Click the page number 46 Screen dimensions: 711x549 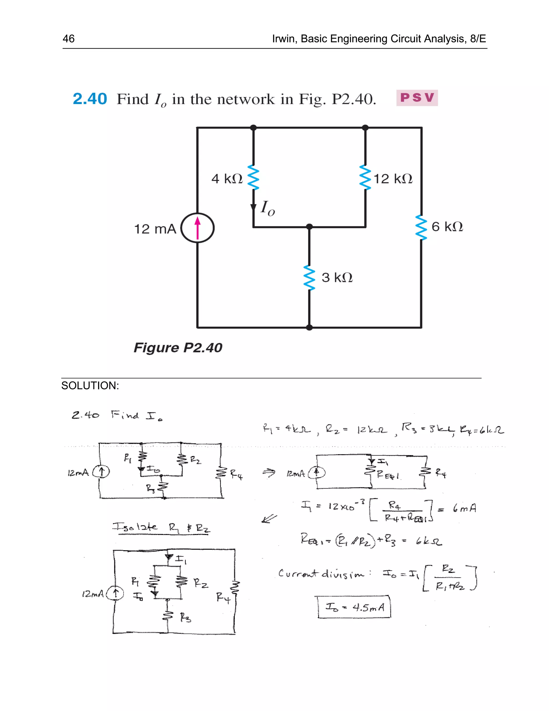(x=69, y=39)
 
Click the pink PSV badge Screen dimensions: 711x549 (x=417, y=98)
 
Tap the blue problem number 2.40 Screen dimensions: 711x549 (x=90, y=99)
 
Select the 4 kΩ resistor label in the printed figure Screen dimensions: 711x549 (x=227, y=178)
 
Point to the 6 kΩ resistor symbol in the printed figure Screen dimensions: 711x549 (x=421, y=227)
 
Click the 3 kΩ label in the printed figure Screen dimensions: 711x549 (x=337, y=277)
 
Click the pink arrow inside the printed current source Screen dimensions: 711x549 (x=197, y=228)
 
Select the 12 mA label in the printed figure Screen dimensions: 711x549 (x=155, y=229)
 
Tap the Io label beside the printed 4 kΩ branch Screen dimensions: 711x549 (x=267, y=208)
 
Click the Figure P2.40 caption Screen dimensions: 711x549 (x=178, y=347)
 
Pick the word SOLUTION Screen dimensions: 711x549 (x=90, y=386)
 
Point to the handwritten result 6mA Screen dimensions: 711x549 (x=465, y=508)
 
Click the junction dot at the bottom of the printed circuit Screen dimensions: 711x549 (x=309, y=328)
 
